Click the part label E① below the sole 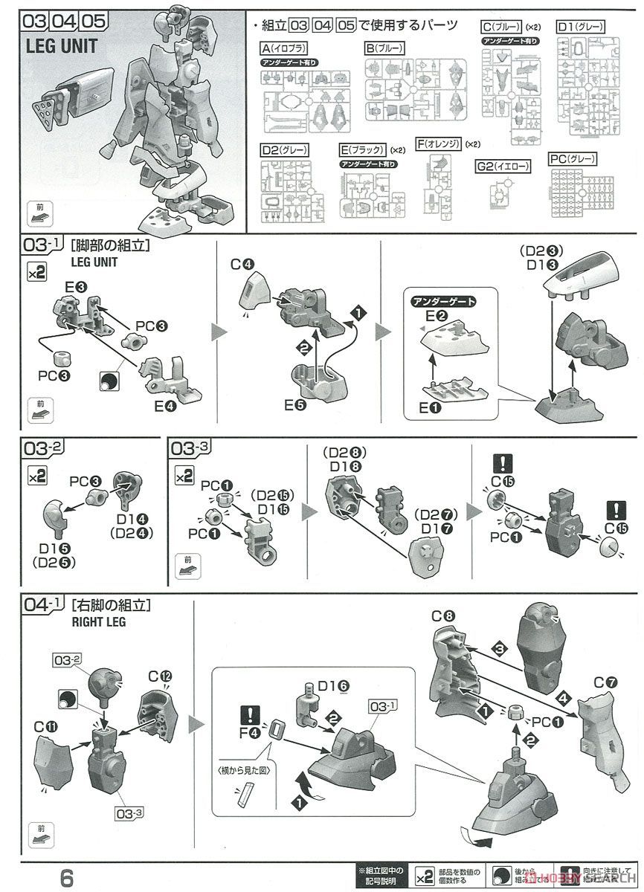tap(430, 408)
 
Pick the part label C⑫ tap(159, 676)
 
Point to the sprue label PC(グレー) tap(573, 159)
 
